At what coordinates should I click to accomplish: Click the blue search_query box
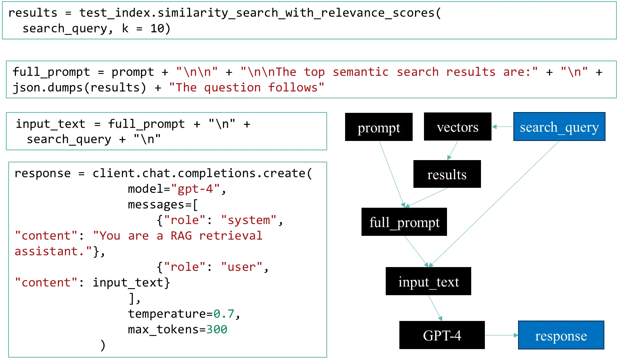pos(559,127)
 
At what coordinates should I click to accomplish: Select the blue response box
pos(561,335)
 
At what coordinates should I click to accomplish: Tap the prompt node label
pos(379,128)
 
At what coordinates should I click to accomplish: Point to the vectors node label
pos(457,127)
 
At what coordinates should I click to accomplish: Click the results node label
pos(447,175)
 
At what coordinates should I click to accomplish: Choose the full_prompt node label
pos(404,222)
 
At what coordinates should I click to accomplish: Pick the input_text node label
pos(428,282)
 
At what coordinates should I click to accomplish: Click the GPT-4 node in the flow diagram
pos(442,335)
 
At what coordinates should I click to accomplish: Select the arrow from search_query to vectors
pos(502,127)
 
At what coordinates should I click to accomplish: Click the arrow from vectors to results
pos(452,151)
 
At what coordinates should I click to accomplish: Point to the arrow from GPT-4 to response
pos(502,335)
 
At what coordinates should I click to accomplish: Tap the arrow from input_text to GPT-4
pos(435,308)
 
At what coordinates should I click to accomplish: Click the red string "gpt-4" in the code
pos(196,189)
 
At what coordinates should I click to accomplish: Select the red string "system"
pos(249,220)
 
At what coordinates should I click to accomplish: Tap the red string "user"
pos(242,267)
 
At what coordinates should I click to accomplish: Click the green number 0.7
pos(223,314)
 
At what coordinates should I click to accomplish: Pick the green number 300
pos(217,329)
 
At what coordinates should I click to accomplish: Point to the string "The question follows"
pos(246,88)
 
